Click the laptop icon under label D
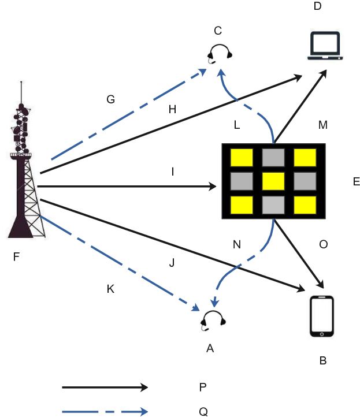pos(325,46)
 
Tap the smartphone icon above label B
pos(322,316)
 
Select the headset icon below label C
pos(220,54)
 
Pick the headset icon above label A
pos(213,321)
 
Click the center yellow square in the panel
pos(273,181)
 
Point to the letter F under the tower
pos(16,256)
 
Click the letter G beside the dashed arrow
pos(111,99)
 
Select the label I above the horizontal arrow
pos(173,172)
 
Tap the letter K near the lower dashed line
pos(110,289)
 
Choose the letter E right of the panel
pos(357,181)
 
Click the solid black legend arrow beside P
pos(105,387)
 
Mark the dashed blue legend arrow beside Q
pos(105,412)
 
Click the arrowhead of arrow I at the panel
pos(212,187)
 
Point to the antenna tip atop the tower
pos(21,81)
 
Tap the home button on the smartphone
pos(322,334)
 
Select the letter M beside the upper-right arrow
pos(323,125)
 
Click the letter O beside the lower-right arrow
pos(323,244)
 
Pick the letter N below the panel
pos(237,244)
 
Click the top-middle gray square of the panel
pos(273,158)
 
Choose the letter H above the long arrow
pos(172,109)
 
